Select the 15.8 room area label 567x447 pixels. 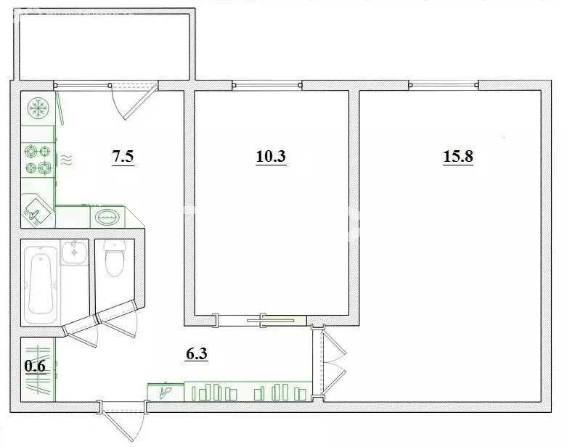click(458, 157)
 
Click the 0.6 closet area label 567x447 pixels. click(35, 366)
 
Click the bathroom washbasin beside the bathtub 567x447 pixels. click(73, 253)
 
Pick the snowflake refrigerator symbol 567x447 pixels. click(36, 110)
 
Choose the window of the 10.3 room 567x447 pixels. click(267, 85)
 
